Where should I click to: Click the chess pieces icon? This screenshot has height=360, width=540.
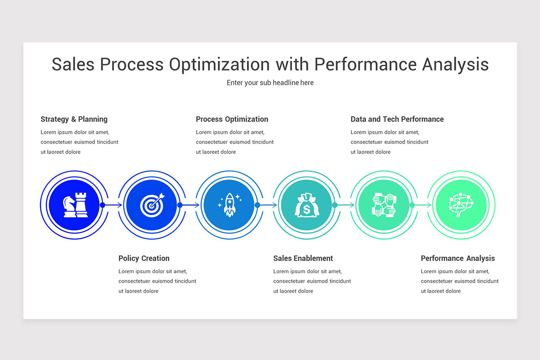click(75, 205)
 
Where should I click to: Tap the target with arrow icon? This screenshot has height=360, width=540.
click(152, 205)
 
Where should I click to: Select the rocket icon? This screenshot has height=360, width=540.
click(229, 205)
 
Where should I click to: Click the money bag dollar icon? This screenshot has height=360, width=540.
click(306, 205)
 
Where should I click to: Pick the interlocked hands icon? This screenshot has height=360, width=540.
click(383, 205)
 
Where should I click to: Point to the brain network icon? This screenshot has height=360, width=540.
click(461, 205)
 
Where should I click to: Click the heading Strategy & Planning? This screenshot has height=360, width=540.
click(74, 119)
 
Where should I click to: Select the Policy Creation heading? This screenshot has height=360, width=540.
click(144, 258)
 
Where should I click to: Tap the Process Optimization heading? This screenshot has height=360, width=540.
click(232, 119)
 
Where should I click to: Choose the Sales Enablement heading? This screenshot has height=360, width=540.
click(303, 258)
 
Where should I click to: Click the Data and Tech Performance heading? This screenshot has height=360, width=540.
click(397, 119)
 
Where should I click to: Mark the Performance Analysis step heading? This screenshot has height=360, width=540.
click(458, 258)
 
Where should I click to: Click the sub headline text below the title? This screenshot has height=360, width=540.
click(270, 83)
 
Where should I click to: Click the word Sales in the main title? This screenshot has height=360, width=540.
click(73, 64)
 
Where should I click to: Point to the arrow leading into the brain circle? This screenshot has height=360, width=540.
click(422, 205)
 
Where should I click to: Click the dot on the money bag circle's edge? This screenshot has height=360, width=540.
click(335, 205)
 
